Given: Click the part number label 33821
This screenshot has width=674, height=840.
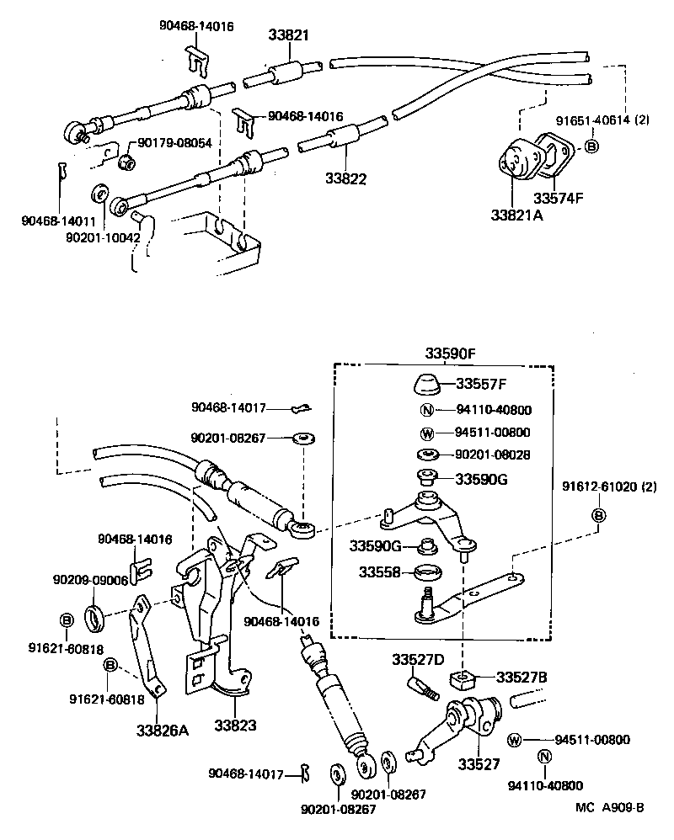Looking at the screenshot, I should (289, 37).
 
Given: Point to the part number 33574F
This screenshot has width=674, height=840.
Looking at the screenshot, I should (558, 199).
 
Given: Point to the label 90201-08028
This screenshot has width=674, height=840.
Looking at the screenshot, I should (493, 455).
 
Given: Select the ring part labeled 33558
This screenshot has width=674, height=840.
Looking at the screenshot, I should (429, 575).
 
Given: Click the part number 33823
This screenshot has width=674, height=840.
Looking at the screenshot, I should (234, 724).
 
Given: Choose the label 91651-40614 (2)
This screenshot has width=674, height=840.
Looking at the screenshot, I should (602, 121).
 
